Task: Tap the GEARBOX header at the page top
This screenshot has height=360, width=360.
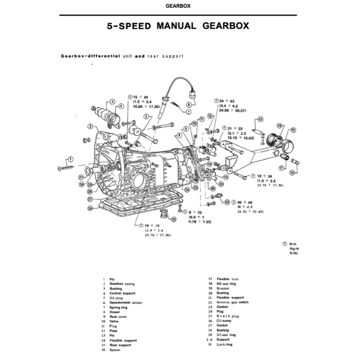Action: [x=178, y=6]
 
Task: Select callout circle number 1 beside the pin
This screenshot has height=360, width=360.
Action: [x=71, y=159]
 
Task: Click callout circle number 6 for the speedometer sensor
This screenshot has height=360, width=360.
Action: [x=189, y=104]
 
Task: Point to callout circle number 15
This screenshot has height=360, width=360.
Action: [x=293, y=130]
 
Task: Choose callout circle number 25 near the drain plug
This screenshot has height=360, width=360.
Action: [x=174, y=219]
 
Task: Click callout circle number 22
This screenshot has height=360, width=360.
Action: [x=227, y=202]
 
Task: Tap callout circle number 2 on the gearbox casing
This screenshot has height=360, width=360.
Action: [x=90, y=126]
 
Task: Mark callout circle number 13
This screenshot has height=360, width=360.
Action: [x=260, y=119]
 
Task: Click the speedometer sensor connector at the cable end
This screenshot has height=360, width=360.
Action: [x=193, y=95]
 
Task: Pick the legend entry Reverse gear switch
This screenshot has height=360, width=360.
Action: [x=232, y=302]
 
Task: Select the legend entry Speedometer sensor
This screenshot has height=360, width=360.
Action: [x=126, y=302]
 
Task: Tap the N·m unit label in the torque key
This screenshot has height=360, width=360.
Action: [x=292, y=244]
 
